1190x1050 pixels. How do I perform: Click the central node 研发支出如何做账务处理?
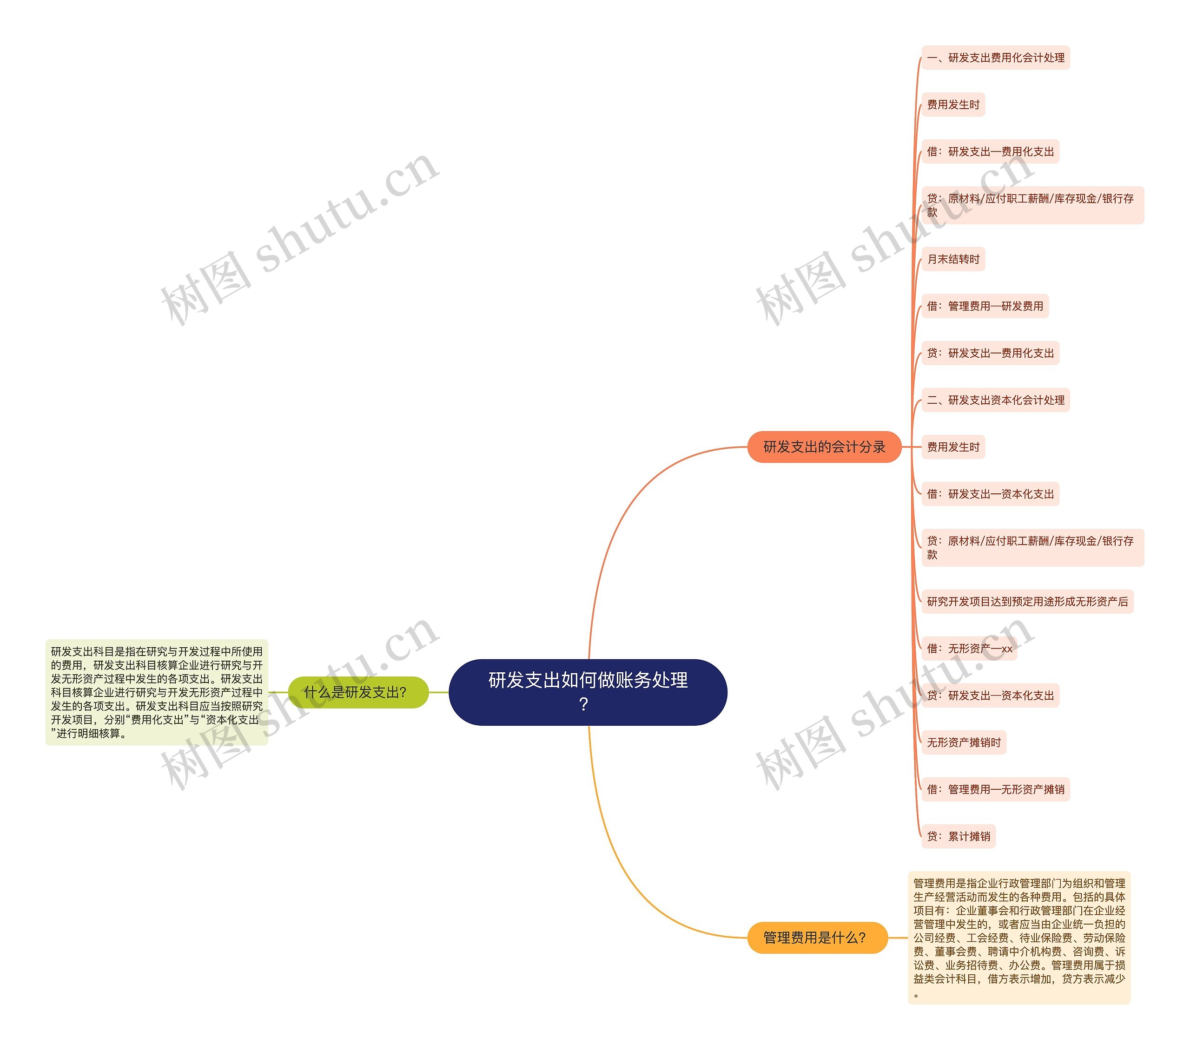588,680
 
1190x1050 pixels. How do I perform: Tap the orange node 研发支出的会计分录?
824,447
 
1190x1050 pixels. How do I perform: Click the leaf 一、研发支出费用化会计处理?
996,58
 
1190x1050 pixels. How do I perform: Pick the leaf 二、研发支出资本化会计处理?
996,400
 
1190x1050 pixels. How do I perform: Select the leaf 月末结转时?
953,259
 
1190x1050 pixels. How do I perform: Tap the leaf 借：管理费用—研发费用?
985,306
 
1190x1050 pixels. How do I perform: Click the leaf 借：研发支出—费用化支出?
990,151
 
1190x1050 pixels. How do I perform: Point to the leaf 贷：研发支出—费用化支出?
990,353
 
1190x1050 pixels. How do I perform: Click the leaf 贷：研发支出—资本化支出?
990,696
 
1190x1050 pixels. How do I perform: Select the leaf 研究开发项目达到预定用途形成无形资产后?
1027,601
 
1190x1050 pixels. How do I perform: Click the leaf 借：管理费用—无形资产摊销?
996,789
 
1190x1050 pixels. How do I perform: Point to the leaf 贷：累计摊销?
959,836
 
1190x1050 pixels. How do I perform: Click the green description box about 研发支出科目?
157,692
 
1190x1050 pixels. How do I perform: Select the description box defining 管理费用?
1019,938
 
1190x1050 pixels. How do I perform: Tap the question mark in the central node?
584,704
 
